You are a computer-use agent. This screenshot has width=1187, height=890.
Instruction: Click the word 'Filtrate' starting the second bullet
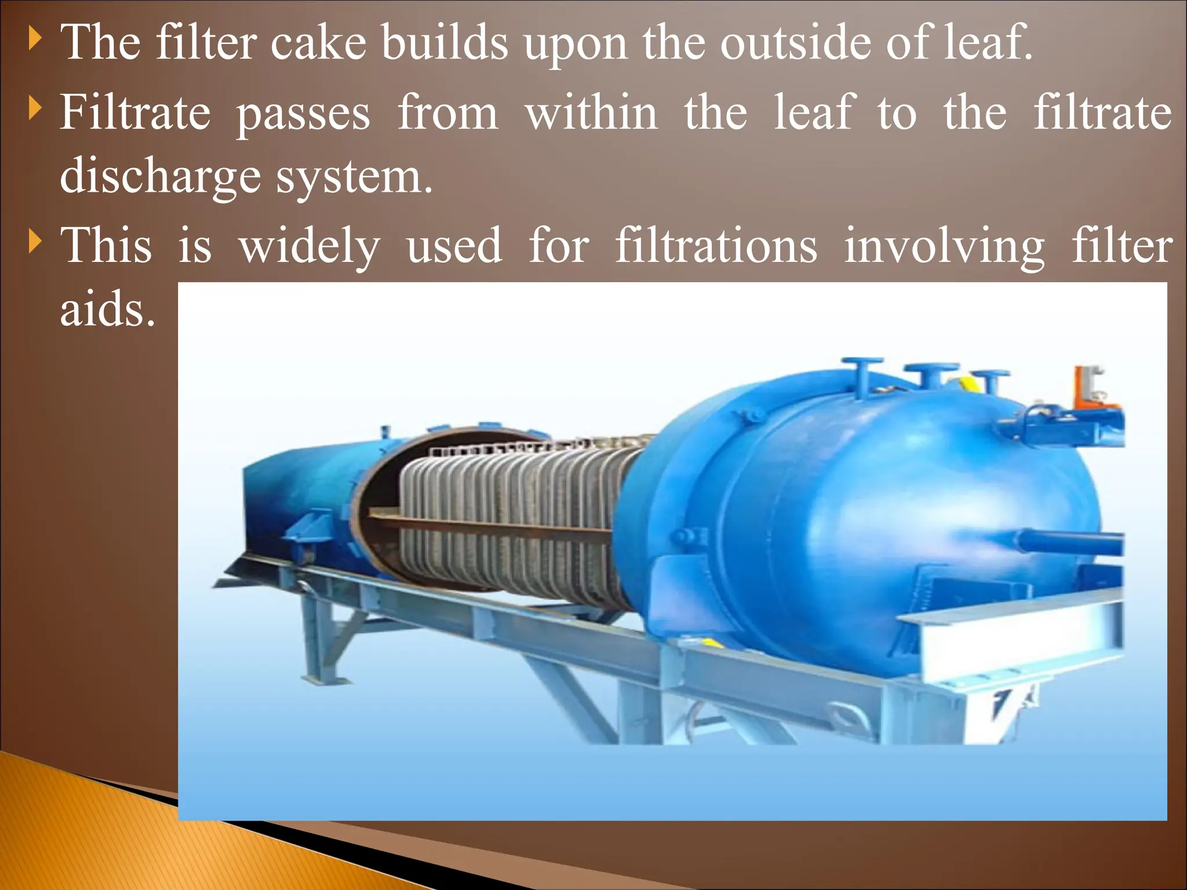click(x=135, y=112)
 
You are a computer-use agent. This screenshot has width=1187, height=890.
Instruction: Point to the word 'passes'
click(x=303, y=115)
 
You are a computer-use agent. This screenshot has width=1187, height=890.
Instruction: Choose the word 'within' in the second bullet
click(x=591, y=112)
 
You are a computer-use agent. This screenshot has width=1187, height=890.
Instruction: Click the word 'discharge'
click(x=160, y=177)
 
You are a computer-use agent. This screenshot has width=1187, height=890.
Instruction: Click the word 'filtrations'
click(x=716, y=246)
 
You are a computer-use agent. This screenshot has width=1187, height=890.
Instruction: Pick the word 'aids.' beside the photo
click(x=108, y=309)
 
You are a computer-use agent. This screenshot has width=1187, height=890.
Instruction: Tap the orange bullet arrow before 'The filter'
click(x=35, y=40)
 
